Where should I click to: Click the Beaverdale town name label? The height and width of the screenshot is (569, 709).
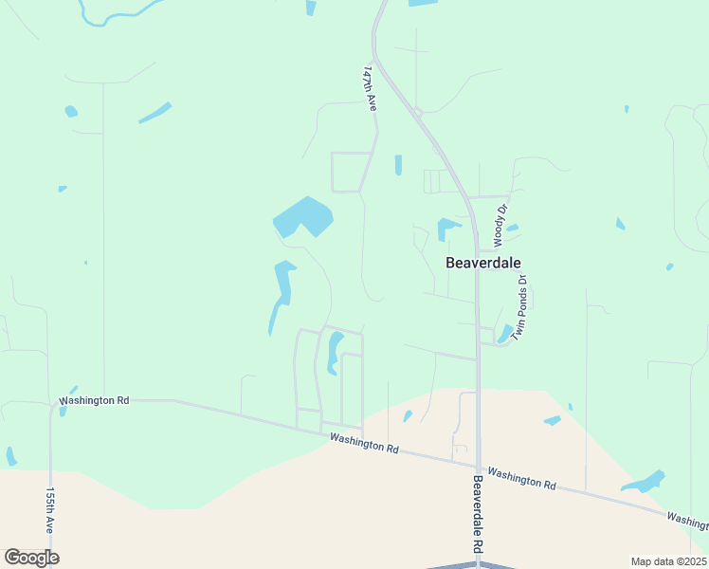tap(483, 263)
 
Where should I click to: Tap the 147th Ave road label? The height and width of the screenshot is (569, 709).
tap(370, 89)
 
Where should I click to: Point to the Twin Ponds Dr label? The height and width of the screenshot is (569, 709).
tap(519, 308)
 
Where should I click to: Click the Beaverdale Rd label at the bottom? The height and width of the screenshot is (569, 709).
tap(478, 516)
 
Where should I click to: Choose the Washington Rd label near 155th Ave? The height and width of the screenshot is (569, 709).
tap(94, 400)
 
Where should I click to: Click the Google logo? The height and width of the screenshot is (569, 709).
tap(31, 558)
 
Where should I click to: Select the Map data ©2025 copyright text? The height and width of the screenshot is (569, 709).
tap(668, 561)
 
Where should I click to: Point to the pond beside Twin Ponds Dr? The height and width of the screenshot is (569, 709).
tap(504, 333)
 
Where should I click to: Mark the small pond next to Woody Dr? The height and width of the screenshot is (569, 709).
tap(513, 228)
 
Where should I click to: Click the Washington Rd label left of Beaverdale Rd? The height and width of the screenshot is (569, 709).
tap(364, 443)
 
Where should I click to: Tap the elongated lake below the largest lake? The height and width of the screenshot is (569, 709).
tap(282, 289)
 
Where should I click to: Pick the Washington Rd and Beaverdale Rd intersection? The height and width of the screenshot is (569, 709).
tap(478, 466)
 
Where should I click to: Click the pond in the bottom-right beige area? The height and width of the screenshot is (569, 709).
tap(644, 482)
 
